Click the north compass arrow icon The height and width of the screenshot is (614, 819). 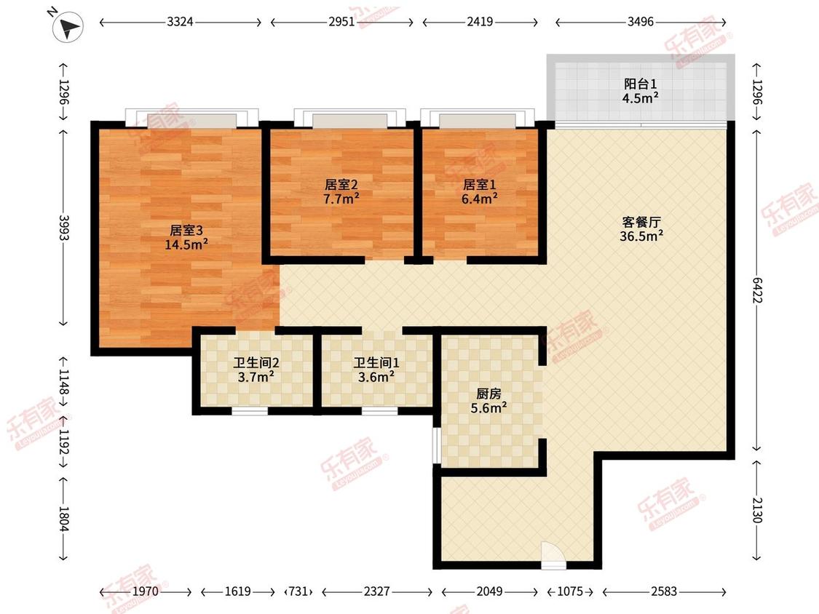(x=68, y=27)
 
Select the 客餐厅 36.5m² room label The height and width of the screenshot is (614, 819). (x=641, y=229)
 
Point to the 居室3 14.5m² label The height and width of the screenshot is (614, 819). (x=186, y=237)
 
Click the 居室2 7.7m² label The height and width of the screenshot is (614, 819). (x=341, y=191)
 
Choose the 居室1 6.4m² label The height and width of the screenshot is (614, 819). (x=480, y=191)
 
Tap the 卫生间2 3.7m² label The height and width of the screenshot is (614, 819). (x=256, y=370)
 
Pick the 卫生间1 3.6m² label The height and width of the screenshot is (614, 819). (x=376, y=370)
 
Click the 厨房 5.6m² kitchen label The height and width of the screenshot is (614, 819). (x=488, y=401)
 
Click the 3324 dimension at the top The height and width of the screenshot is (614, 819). (x=181, y=22)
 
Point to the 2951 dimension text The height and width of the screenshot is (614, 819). (x=341, y=22)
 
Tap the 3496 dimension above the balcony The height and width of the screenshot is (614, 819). (x=641, y=22)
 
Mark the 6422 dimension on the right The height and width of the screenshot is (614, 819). (x=757, y=290)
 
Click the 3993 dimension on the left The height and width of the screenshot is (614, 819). (x=63, y=228)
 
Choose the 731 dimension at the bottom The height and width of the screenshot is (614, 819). (x=298, y=591)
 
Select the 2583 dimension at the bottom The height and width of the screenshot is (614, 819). (x=664, y=591)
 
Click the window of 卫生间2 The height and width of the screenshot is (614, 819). (x=250, y=412)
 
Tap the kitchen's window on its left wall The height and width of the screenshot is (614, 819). (x=435, y=445)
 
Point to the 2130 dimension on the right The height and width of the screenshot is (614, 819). (x=757, y=510)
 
